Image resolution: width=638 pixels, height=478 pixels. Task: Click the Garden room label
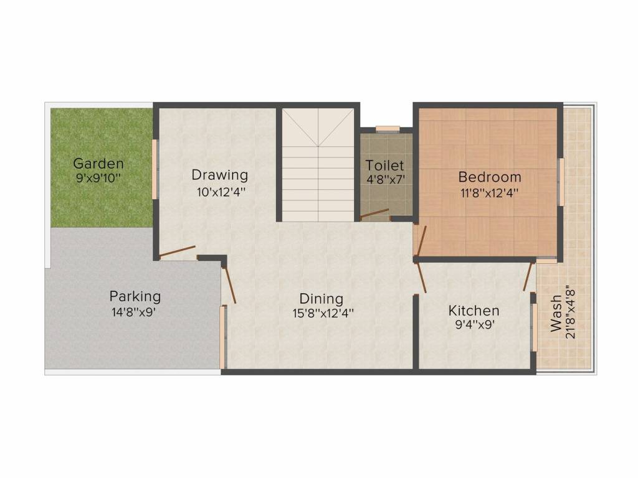click(x=98, y=164)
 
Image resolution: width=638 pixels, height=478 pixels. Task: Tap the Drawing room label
click(x=219, y=175)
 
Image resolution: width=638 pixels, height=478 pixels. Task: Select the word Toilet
click(x=384, y=166)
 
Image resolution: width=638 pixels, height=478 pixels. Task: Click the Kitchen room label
click(x=474, y=310)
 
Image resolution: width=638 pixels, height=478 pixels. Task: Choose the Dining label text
click(x=321, y=298)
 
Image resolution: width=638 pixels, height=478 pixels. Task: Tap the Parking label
click(x=135, y=296)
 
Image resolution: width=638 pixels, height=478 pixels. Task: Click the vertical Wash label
click(x=556, y=317)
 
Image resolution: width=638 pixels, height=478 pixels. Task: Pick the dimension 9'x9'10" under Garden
click(x=98, y=178)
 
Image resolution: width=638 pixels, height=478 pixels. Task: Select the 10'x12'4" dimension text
click(x=221, y=192)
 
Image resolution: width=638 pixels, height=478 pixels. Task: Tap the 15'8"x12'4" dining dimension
click(x=323, y=314)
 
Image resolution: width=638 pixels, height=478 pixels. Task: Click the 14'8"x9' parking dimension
click(x=133, y=312)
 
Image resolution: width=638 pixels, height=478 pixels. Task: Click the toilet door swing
click(x=374, y=214)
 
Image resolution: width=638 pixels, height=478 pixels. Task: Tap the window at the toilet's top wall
click(x=388, y=129)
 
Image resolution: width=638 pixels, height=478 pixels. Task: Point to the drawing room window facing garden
click(x=155, y=169)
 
